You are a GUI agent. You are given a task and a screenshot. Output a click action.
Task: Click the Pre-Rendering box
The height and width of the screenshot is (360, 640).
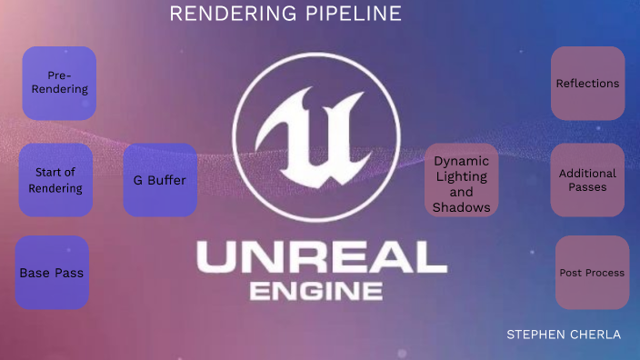(x=59, y=84)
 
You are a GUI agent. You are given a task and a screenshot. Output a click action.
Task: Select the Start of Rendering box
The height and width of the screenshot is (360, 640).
(x=55, y=180)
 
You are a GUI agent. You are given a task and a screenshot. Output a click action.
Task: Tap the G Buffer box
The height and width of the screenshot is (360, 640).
(x=160, y=180)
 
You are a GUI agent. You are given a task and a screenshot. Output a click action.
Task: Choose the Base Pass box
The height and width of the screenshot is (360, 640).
(x=52, y=273)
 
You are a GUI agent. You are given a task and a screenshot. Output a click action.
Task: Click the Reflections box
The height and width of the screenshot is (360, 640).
(x=587, y=84)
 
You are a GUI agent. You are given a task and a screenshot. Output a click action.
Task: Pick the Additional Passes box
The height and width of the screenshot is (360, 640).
(x=587, y=180)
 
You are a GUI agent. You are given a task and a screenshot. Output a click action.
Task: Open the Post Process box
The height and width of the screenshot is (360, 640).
(x=592, y=273)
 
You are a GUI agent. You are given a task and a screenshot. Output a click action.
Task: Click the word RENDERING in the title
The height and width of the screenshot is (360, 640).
(x=220, y=15)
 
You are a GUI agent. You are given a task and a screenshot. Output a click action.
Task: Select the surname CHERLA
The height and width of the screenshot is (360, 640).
(x=595, y=335)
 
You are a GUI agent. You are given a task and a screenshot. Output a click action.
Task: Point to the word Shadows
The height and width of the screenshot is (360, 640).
(x=462, y=207)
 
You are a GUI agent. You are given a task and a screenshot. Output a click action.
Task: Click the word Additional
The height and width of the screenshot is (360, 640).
(x=587, y=174)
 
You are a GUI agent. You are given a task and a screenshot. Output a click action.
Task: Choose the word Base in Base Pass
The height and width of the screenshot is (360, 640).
(x=34, y=273)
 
